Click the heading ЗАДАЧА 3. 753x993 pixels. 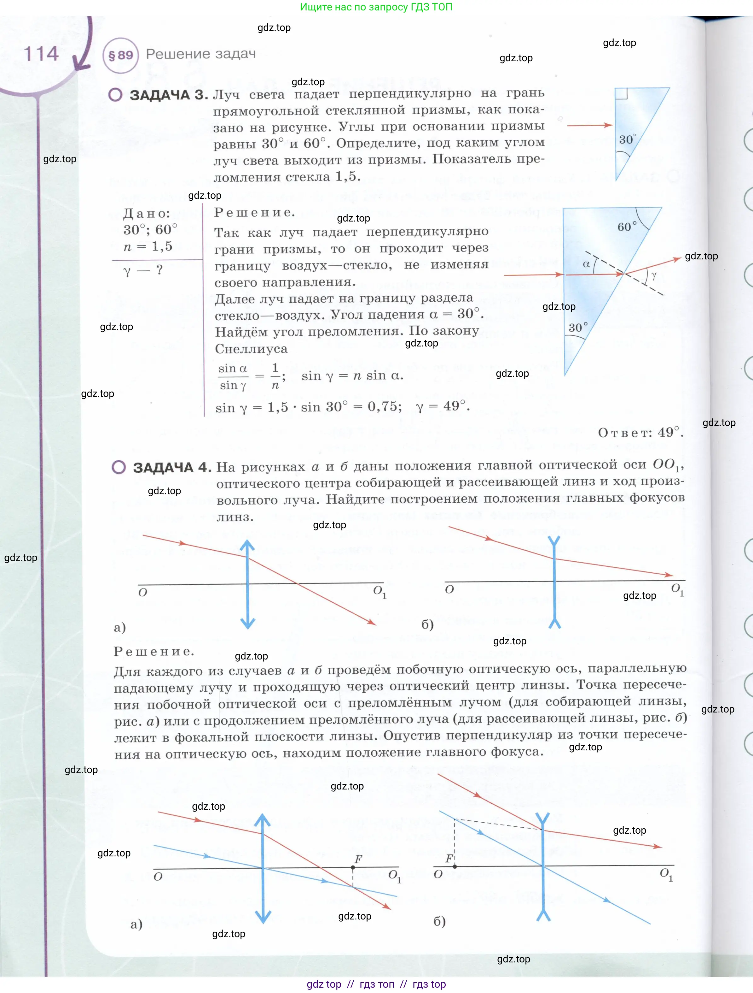coord(169,95)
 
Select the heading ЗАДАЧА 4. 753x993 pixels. coord(172,467)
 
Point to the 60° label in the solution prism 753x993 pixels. coord(627,227)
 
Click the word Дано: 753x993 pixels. coord(147,213)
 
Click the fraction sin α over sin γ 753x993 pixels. coord(233,377)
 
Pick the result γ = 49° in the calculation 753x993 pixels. coord(443,406)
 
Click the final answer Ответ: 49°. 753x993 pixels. coord(640,432)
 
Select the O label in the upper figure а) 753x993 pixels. coord(142,593)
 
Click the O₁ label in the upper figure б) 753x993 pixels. coord(677,589)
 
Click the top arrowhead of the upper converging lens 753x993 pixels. coord(247,545)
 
